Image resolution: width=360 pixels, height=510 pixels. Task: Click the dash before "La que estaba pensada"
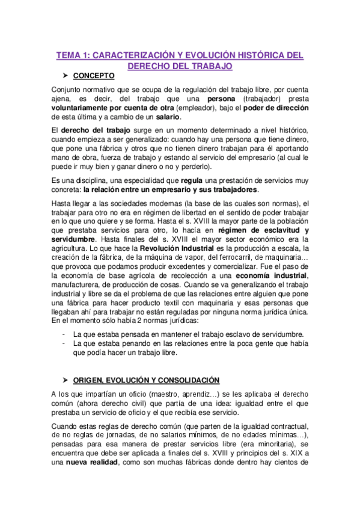coord(64,333)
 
